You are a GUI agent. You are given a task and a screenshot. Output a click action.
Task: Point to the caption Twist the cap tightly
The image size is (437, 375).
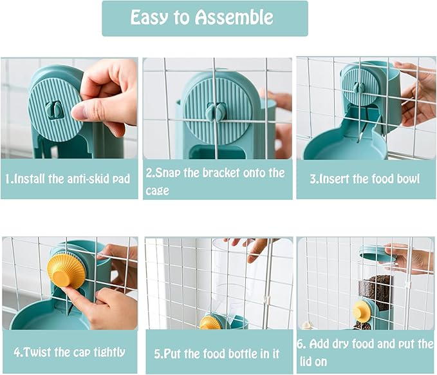point(70,352)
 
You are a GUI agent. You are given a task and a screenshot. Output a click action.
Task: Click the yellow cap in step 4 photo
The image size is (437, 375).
point(66,270)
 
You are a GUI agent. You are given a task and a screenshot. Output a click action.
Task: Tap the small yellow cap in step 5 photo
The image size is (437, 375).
point(210,322)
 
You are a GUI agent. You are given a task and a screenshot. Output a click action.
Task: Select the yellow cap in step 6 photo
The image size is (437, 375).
point(362,312)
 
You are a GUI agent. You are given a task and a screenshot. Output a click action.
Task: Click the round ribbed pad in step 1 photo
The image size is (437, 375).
point(55,110)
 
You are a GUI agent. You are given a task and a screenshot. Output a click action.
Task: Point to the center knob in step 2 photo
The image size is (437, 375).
point(214,112)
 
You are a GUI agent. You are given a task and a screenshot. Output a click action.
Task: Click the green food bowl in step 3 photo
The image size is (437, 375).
point(335,146)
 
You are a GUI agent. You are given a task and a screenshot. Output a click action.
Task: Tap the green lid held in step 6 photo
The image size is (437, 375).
point(378,254)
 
